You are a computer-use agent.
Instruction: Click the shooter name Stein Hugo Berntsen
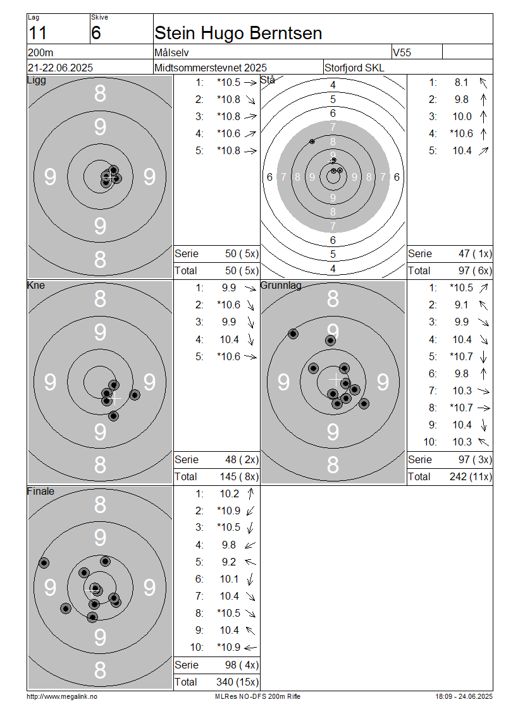pos(238,33)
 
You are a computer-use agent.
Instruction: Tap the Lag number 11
pos(37,33)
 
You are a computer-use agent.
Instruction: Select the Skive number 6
pos(96,33)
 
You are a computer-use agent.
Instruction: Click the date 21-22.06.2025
pos(60,68)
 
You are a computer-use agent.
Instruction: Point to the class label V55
pos(402,52)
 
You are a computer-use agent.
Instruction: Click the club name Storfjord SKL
pos(354,68)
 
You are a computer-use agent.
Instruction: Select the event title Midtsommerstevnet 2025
pos(211,68)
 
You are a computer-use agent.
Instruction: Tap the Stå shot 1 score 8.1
pos(461,82)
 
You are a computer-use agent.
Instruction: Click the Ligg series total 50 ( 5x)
pos(242,253)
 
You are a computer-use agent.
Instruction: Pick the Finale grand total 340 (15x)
pos(237,682)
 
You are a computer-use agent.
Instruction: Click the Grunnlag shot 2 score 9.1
pos(461,305)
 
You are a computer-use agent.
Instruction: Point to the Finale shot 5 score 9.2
pos(229,562)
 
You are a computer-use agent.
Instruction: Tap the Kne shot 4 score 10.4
pos(230,340)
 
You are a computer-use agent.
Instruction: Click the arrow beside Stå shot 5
pos(483,151)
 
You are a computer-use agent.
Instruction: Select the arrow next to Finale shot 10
pos(250,648)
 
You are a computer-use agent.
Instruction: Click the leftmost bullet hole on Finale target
pos(44,563)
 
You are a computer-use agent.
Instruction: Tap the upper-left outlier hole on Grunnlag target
pos(293,334)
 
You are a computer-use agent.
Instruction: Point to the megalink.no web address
pos(62,697)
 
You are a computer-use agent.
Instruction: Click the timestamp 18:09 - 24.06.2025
pos(464,697)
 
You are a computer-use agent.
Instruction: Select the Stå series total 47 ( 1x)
pos(475,253)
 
